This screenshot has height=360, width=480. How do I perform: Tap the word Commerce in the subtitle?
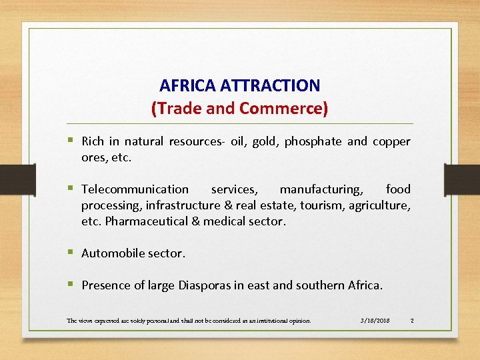pos(283,108)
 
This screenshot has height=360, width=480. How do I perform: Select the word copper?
pos(391,141)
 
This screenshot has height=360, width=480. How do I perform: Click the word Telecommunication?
pos(135,189)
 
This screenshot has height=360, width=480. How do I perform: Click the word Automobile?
pos(114,253)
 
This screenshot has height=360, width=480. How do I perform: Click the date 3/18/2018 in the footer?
pos(373,321)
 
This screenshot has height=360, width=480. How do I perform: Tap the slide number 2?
pos(412,321)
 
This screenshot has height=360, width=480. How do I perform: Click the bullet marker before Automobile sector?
pos(70,253)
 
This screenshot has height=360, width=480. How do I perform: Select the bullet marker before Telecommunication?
pos(70,189)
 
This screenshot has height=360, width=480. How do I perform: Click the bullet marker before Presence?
pos(70,285)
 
